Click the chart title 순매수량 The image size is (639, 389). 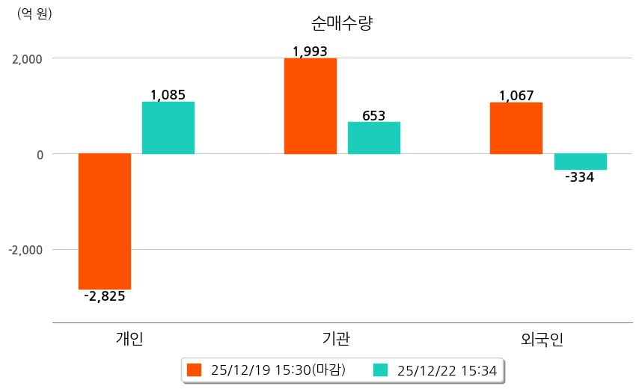[x=342, y=23]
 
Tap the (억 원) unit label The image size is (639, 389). [x=34, y=13]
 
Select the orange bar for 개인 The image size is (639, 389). [x=105, y=221]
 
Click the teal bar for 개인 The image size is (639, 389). [x=168, y=128]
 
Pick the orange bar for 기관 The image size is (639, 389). [x=311, y=106]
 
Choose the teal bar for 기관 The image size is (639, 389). [x=374, y=138]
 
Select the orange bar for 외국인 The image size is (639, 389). [x=516, y=128]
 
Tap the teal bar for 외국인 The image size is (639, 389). [x=580, y=162]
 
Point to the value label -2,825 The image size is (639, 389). [x=105, y=296]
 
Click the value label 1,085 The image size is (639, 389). [x=168, y=95]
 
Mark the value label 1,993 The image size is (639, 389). [x=310, y=52]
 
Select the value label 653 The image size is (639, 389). [x=373, y=115]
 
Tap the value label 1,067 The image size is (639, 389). [x=516, y=96]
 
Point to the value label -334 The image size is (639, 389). [x=580, y=177]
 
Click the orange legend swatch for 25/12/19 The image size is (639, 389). [x=195, y=370]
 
